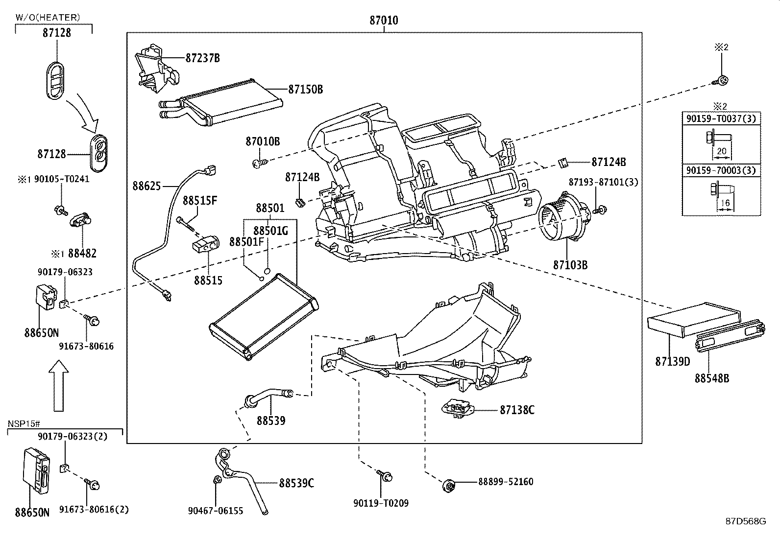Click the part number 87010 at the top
[x=384, y=21]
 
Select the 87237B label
[x=202, y=58]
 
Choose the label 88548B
[x=711, y=378]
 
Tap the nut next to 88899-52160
[x=449, y=486]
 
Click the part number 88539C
[x=296, y=483]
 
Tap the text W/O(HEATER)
[x=48, y=18]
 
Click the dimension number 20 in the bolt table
[x=721, y=151]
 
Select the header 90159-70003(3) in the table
[x=721, y=170]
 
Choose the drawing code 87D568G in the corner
[x=745, y=521]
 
